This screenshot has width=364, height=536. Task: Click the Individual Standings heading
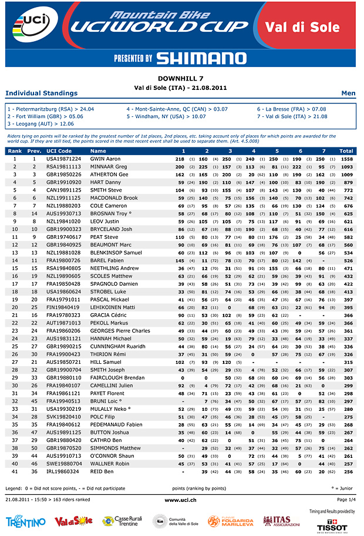click(x=41, y=93)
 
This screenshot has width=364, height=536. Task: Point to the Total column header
click(x=346, y=151)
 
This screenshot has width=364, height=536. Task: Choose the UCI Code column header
click(x=59, y=151)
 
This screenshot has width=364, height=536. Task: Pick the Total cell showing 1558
click(x=346, y=159)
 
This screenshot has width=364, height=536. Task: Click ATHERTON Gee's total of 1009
click(x=346, y=175)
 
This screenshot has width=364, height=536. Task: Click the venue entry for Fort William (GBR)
click(x=46, y=116)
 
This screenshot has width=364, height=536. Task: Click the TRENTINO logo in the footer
click(x=25, y=522)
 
